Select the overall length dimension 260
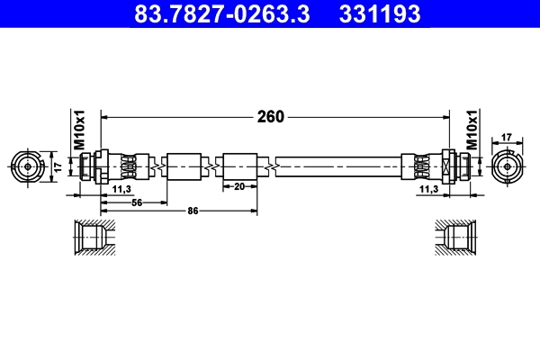271,116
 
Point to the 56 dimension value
138,202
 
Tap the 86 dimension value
192,211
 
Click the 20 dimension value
240,187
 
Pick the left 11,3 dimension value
121,191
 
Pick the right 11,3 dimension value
429,191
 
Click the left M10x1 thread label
78,131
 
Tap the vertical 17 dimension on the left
57,166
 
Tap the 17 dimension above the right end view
507,137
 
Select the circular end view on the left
28,166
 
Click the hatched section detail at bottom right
454,238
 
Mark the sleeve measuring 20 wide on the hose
240,166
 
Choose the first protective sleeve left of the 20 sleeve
185,166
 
